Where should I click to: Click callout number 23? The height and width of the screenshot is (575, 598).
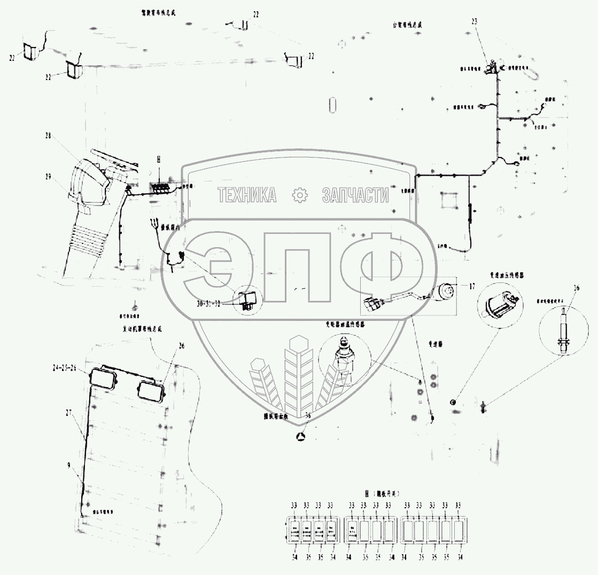pos(474,21)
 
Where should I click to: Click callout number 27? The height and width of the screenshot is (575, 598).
pos(68,412)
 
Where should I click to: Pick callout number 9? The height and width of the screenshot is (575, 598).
pos(68,465)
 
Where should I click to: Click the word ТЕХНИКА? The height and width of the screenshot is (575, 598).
pos(247,196)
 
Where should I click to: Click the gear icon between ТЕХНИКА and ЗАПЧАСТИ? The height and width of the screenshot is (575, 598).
pos(300,196)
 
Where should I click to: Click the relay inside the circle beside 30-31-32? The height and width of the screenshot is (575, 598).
pos(250,298)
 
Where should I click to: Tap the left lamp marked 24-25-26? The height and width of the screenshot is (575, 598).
pos(104,379)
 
